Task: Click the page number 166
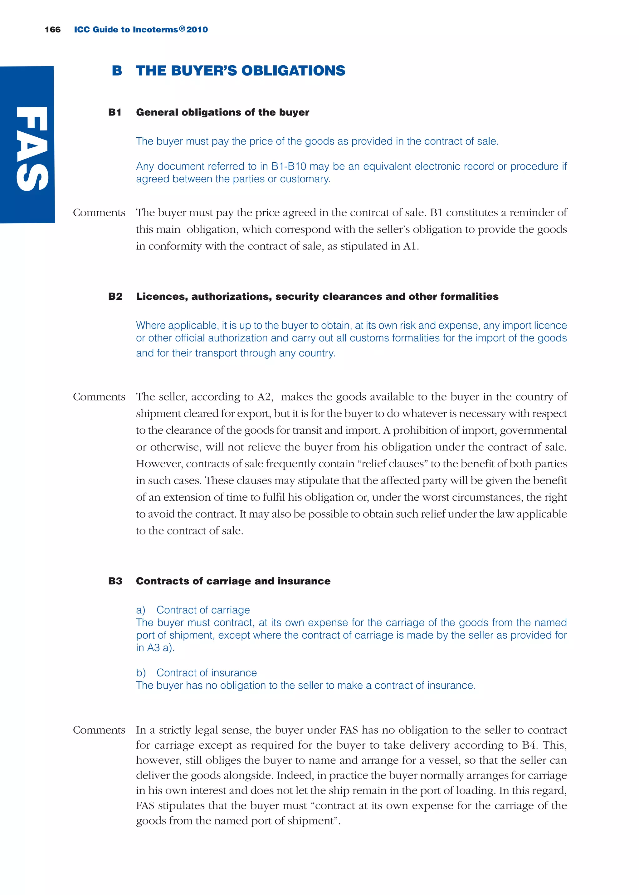click(x=53, y=30)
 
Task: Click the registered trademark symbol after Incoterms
click(x=182, y=29)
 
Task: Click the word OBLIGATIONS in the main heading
click(x=293, y=71)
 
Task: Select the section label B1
click(x=115, y=113)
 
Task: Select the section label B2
click(x=115, y=296)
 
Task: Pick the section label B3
click(x=115, y=581)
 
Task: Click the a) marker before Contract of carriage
click(x=140, y=610)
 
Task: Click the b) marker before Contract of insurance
click(x=140, y=673)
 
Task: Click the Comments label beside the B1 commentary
click(x=99, y=213)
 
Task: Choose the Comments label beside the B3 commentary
click(x=99, y=730)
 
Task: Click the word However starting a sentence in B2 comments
click(x=159, y=464)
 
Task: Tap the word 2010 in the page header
click(x=197, y=30)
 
